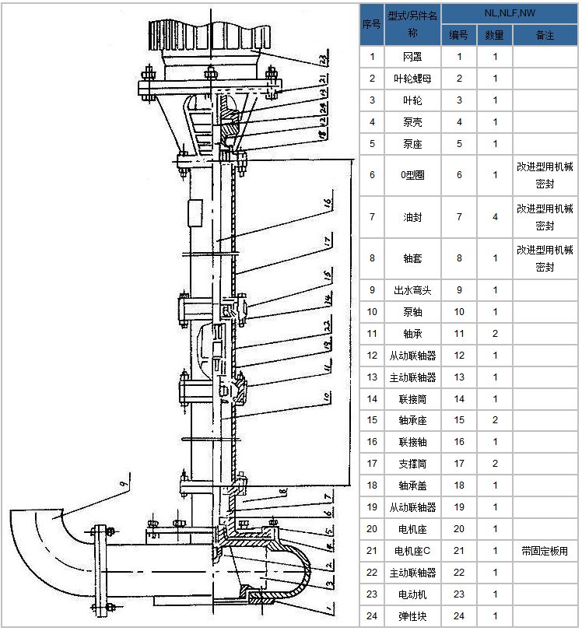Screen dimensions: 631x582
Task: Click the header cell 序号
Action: [x=372, y=23]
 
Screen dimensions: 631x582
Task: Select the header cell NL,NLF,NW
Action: [x=510, y=12]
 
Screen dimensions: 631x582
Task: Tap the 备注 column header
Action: [x=545, y=35]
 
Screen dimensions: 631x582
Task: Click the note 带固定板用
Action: [x=545, y=551]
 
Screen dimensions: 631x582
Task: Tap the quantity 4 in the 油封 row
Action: [x=495, y=217]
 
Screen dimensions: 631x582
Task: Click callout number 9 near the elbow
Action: [x=122, y=486]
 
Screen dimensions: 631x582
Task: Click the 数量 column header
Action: [x=495, y=35]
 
